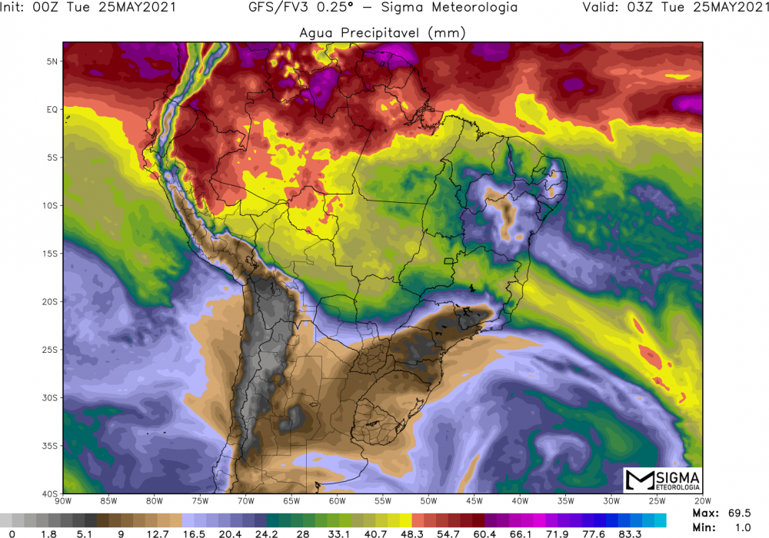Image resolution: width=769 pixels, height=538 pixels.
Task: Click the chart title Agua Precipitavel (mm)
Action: click(382, 32)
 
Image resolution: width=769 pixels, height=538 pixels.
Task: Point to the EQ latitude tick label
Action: click(53, 109)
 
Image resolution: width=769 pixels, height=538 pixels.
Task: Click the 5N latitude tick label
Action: click(53, 61)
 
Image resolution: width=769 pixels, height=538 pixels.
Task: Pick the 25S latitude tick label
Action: click(51, 350)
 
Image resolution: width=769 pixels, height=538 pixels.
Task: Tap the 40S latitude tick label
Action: click(51, 493)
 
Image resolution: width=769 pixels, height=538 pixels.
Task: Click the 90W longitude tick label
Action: click(64, 502)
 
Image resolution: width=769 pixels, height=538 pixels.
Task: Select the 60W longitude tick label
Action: click(337, 502)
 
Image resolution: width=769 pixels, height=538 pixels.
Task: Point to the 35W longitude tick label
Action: click(565, 502)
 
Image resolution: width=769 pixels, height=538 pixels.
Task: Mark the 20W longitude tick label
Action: click(701, 502)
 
